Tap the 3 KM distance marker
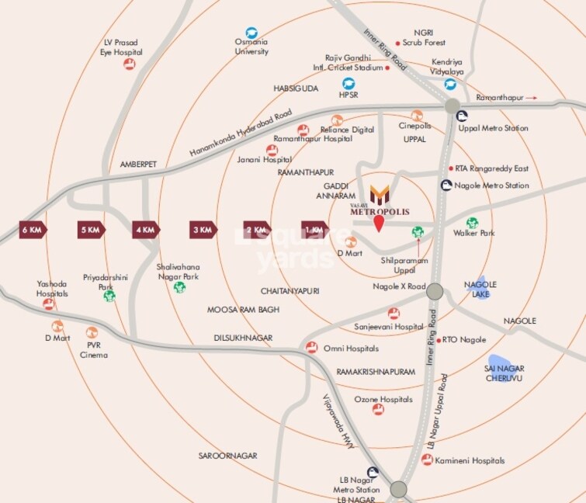[x=203, y=230]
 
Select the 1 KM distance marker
[x=315, y=230]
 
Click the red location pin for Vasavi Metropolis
[x=379, y=225]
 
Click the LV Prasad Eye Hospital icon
[x=133, y=64]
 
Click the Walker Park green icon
[x=472, y=223]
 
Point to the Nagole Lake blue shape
[x=482, y=287]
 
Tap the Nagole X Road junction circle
[x=435, y=291]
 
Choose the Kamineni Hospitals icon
[x=427, y=460]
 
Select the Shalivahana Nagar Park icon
[x=180, y=287]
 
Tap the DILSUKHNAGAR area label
[x=244, y=338]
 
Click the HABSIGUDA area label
[x=296, y=88]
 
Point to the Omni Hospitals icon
[x=311, y=348]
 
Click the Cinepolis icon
[x=417, y=115]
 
